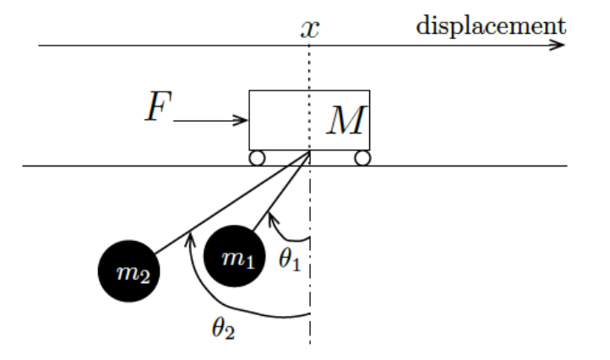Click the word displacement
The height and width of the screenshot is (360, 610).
click(x=491, y=25)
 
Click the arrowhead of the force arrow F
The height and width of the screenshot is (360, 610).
click(x=243, y=120)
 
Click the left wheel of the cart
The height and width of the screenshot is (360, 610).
click(x=257, y=157)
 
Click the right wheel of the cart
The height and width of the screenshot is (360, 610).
click(x=362, y=157)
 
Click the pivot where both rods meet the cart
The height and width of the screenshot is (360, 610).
click(x=310, y=151)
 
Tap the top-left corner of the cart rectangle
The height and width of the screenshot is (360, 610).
click(x=249, y=90)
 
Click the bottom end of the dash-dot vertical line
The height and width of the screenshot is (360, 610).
click(x=310, y=342)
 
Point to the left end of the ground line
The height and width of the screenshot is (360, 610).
click(x=24, y=166)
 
